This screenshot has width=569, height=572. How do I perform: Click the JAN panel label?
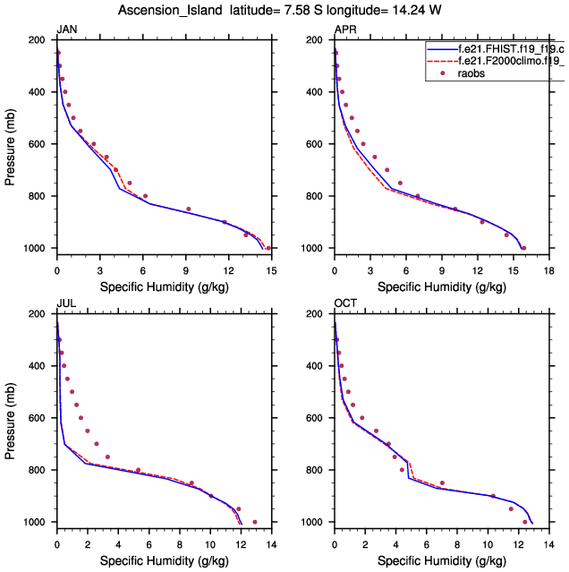66,30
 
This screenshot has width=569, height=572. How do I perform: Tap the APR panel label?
344,30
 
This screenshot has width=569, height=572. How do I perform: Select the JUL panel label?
65,303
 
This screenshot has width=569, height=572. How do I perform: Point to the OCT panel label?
345,303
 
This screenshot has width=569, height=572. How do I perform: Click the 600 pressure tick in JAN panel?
39,144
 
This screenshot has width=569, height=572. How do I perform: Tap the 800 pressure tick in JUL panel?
39,470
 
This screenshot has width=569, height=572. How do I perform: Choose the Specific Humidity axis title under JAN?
164,288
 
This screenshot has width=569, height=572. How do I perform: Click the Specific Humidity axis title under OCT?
441,562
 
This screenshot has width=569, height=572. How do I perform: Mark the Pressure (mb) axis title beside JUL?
9,418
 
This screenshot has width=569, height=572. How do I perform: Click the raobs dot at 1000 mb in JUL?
255,522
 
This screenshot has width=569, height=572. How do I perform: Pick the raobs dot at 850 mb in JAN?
188,209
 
